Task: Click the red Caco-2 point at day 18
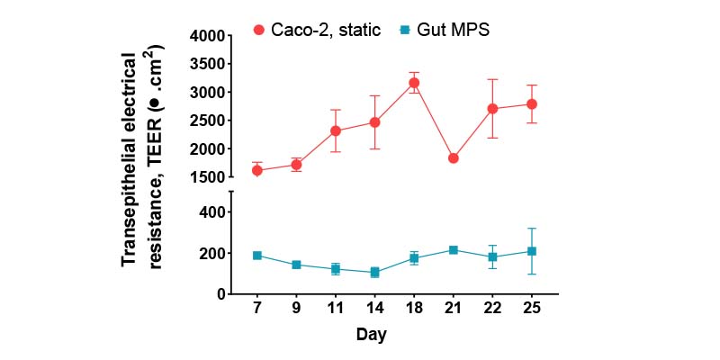click(414, 83)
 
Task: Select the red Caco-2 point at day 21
click(454, 158)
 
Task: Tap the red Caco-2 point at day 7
click(257, 170)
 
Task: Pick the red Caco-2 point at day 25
click(532, 104)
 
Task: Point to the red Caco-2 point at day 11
click(336, 130)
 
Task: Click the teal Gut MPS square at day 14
click(374, 273)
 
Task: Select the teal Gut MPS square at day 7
click(257, 256)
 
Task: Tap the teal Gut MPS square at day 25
click(532, 251)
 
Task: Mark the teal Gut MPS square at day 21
click(454, 249)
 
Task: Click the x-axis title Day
click(370, 335)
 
